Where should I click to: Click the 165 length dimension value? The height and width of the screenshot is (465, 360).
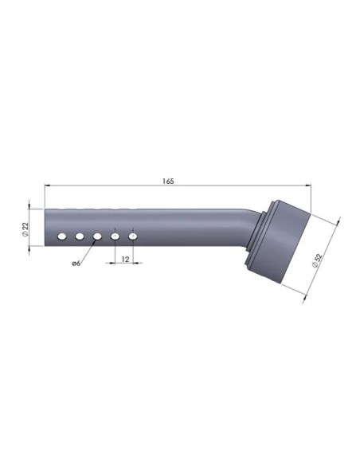168,181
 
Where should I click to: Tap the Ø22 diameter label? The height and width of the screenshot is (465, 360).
25,229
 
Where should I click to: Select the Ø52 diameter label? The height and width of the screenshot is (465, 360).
317,260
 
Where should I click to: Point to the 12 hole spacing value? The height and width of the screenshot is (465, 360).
125,260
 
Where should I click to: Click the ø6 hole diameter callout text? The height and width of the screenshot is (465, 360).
76,263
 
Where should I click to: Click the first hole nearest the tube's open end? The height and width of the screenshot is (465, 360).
62,236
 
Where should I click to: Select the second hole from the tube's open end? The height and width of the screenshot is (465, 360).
80,236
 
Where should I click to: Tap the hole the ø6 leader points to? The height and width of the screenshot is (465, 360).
97,236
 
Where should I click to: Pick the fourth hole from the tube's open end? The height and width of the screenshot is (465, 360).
115,236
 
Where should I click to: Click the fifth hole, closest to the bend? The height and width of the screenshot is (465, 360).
133,236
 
